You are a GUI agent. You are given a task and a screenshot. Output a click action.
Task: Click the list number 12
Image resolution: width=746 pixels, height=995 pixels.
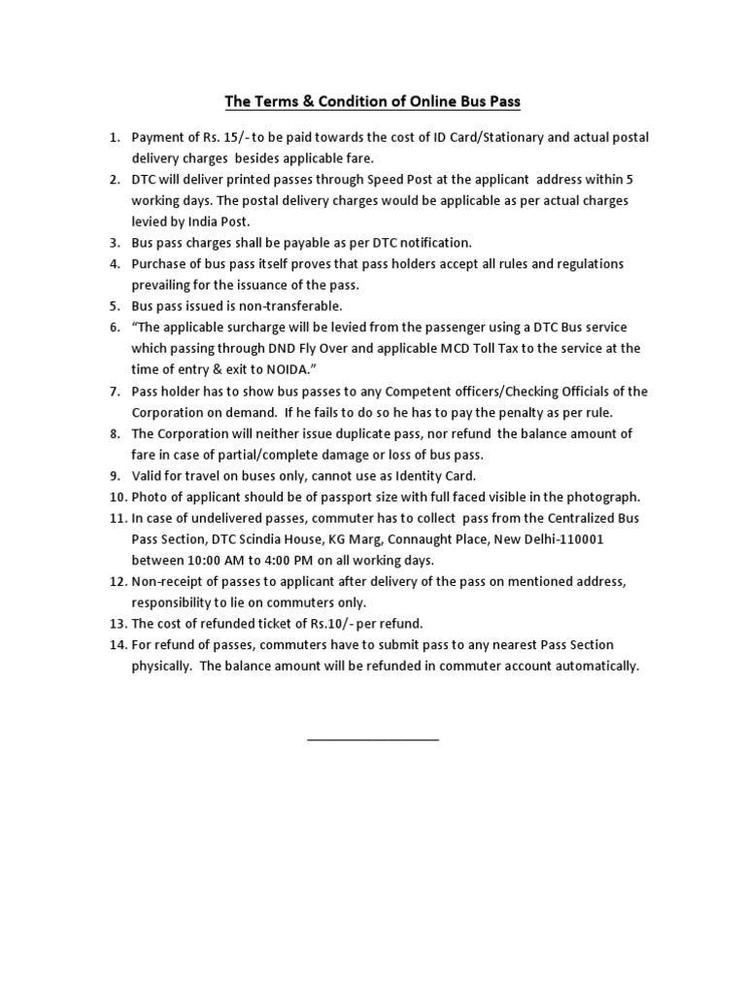tap(117, 581)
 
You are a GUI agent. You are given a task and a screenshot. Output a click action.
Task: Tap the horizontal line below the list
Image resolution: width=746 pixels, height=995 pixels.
tap(373, 740)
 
